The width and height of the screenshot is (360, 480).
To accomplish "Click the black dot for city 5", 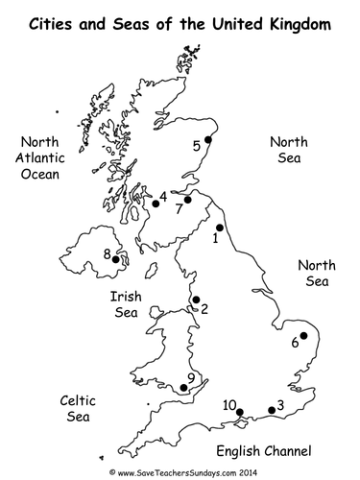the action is pyautogui.click(x=208, y=136).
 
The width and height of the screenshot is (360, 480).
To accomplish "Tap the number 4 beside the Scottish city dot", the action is pyautogui.click(x=164, y=197).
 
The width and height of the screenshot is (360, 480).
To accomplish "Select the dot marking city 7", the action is pyautogui.click(x=188, y=200).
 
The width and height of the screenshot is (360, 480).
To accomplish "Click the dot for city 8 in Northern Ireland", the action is pyautogui.click(x=116, y=258).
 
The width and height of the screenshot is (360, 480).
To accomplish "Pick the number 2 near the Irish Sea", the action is pyautogui.click(x=204, y=309).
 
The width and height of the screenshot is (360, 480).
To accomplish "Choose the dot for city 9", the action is pyautogui.click(x=183, y=389).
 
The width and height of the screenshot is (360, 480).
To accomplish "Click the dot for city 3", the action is pyautogui.click(x=272, y=410).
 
